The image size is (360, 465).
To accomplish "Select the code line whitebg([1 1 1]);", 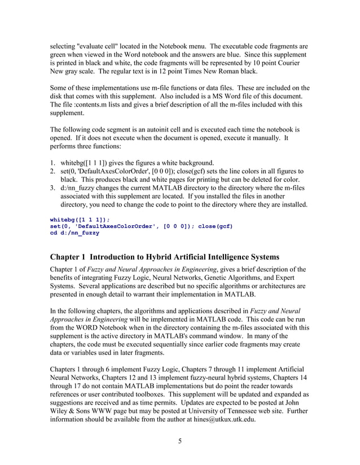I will [x=80, y=218].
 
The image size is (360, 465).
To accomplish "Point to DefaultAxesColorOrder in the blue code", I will [x=115, y=226].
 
